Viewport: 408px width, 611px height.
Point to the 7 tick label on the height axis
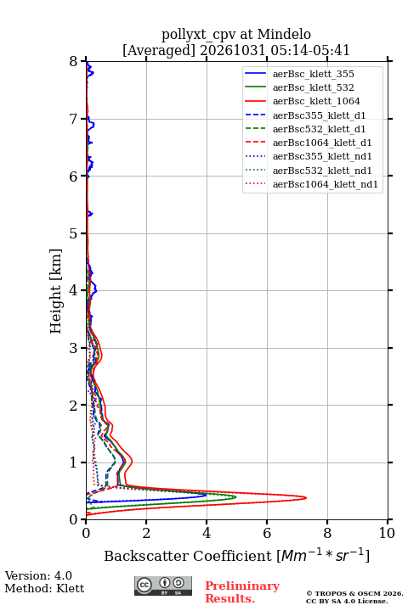coord(74,119)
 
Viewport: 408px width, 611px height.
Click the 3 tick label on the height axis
coord(74,348)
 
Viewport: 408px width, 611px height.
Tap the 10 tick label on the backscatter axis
coord(387,533)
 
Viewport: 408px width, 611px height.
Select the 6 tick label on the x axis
coord(267,533)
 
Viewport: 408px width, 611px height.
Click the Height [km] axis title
coord(56,291)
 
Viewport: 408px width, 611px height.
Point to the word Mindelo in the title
coord(284,34)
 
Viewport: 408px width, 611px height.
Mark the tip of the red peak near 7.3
coord(306,497)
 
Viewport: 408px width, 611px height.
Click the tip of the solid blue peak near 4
coord(207,496)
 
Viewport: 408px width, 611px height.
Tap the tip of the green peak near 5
coord(235,496)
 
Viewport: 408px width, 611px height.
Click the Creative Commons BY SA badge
coord(163,586)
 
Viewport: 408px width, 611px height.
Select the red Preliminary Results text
coord(242,592)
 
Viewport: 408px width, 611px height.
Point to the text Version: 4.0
coord(38,575)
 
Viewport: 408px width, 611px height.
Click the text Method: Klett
coord(44,588)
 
